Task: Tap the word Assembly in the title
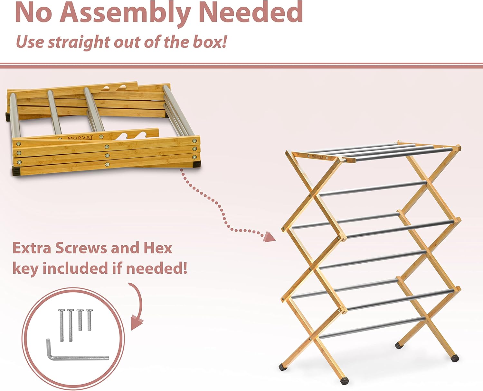point(125,13)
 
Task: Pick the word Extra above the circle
point(32,248)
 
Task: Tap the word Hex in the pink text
point(158,248)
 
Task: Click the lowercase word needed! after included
point(156,268)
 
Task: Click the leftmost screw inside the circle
point(62,325)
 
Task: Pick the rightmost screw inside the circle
point(89,320)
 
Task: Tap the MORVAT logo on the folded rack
point(80,138)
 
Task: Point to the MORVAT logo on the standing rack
point(317,157)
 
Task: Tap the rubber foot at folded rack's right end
point(196,165)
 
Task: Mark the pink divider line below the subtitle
point(241,66)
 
